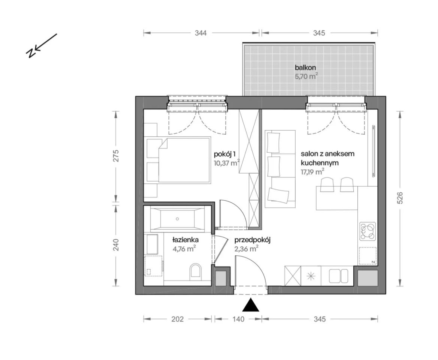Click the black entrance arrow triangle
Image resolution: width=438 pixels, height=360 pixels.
[251, 305]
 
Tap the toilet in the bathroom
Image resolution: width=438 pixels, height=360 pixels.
[195, 272]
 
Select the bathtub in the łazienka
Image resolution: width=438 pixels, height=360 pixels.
[177, 219]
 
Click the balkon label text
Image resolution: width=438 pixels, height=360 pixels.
[305, 67]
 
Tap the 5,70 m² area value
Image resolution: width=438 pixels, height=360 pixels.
[306, 76]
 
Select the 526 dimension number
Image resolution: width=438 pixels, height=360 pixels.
[400, 198]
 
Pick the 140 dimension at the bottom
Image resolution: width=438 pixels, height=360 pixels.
[238, 319]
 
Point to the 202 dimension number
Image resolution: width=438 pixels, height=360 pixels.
[177, 319]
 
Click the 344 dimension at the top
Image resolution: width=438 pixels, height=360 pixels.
[200, 33]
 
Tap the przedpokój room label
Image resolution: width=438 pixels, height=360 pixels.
[253, 240]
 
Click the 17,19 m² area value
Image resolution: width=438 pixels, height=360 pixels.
[312, 172]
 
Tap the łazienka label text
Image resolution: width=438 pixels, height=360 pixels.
[185, 240]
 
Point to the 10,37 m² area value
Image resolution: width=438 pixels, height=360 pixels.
[227, 163]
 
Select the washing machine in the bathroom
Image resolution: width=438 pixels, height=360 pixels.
[154, 265]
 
